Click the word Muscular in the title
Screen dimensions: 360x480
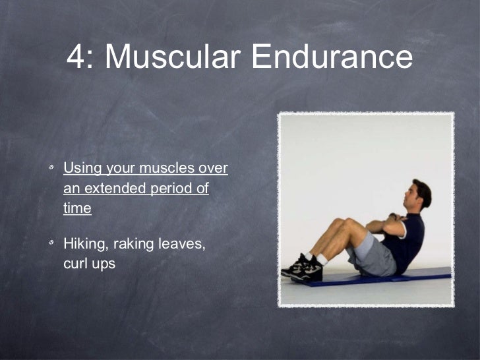pos(173,57)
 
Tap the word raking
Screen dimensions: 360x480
pos(135,245)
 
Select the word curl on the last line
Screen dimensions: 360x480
pos(75,264)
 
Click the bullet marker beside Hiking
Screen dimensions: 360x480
pos(51,245)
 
